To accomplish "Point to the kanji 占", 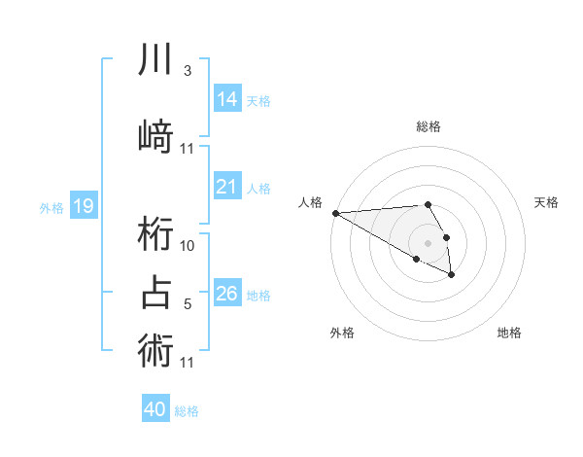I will [156, 293].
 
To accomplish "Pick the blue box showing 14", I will [226, 98].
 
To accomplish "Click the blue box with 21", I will [226, 187].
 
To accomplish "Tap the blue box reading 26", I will [226, 293].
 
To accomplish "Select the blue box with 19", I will [84, 205].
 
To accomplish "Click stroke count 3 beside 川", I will [187, 71].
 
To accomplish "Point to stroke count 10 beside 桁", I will [188, 246].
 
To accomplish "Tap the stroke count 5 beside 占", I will [187, 304].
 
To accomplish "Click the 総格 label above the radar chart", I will [428, 126].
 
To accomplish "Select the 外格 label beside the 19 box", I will [51, 207].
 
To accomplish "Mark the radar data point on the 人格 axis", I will [335, 213].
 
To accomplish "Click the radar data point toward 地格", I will [452, 275].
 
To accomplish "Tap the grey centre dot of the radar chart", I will [428, 242].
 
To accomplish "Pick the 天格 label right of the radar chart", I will [547, 202].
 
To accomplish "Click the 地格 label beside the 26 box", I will [258, 295].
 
